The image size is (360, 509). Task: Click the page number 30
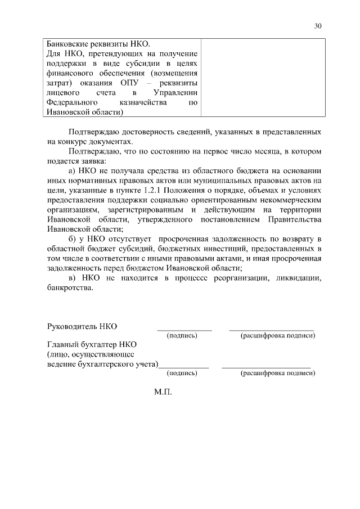click(318, 25)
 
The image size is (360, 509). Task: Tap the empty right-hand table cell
click(262, 78)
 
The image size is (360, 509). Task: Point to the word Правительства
click(295, 219)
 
